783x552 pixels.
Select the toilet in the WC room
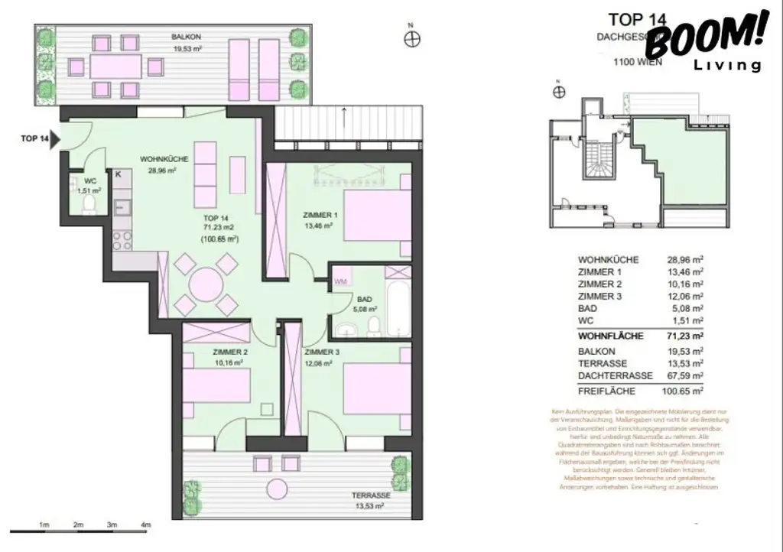click(89, 203)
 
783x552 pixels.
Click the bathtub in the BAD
click(398, 309)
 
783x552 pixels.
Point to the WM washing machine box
click(341, 281)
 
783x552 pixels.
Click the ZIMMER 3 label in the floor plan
click(321, 352)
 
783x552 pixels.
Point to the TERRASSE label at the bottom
click(372, 495)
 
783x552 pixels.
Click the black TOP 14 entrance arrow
click(54, 140)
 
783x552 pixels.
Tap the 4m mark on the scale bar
click(145, 525)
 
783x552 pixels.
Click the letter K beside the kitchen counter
click(118, 175)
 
